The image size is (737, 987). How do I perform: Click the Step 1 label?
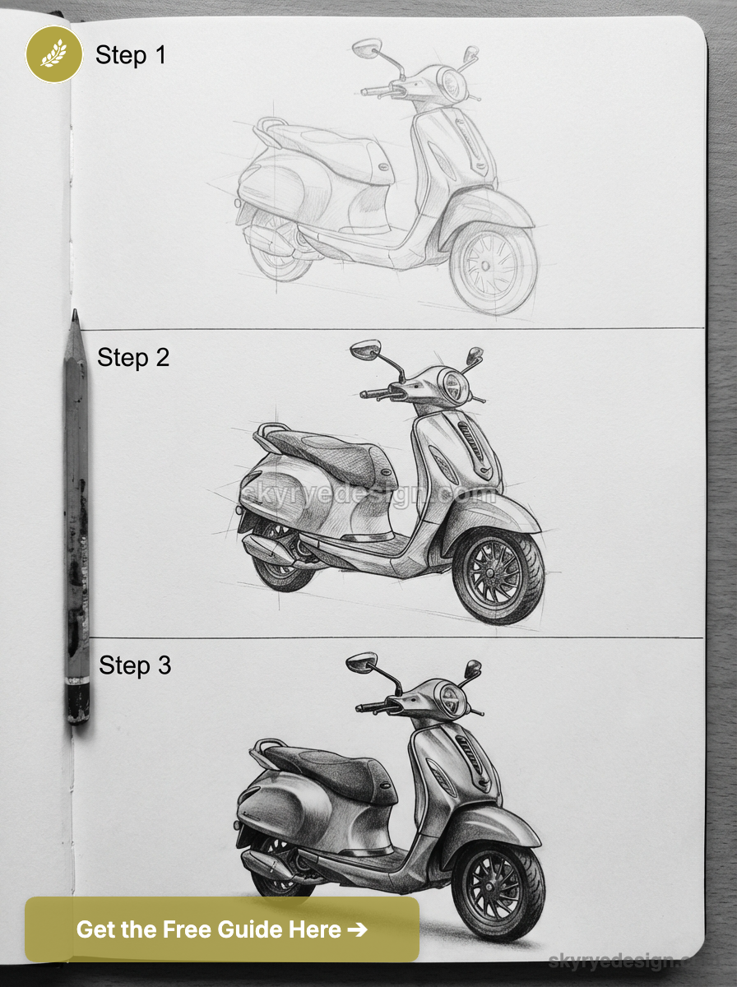pyautogui.click(x=130, y=55)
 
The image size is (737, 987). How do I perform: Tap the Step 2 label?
pyautogui.click(x=132, y=357)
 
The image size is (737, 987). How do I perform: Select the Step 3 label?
pyautogui.click(x=135, y=665)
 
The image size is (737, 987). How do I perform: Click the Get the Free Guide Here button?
pyautogui.click(x=221, y=929)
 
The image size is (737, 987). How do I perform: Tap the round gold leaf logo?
pyautogui.click(x=53, y=54)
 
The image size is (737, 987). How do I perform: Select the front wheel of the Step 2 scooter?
pyautogui.click(x=498, y=575)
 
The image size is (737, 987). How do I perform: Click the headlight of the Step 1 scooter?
pyautogui.click(x=451, y=82)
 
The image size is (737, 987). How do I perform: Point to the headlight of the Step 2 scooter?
pyautogui.click(x=453, y=385)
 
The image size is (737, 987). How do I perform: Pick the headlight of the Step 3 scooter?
pyautogui.click(x=452, y=699)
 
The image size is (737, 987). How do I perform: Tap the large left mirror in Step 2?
pyautogui.click(x=364, y=349)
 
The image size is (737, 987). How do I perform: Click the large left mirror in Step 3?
pyautogui.click(x=361, y=662)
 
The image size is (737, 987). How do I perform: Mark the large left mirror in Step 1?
pyautogui.click(x=366, y=48)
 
